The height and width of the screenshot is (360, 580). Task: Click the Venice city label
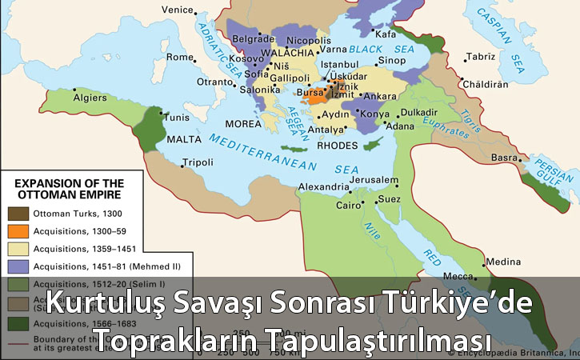click(177, 9)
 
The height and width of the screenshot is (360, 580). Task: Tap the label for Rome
click(180, 58)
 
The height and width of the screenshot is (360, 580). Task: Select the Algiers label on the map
click(90, 98)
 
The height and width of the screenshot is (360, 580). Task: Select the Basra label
click(505, 158)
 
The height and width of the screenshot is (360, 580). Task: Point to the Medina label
click(503, 261)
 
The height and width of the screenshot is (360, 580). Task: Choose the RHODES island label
click(335, 146)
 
